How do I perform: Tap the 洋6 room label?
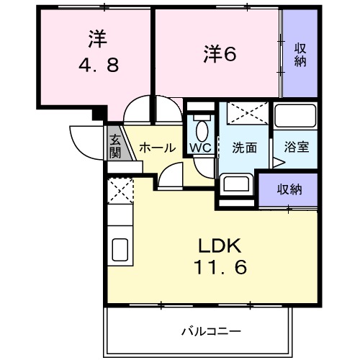[x=219, y=53]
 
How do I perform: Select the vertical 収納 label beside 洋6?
[x=300, y=55]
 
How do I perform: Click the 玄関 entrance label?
[x=115, y=146]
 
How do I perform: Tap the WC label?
[x=200, y=148]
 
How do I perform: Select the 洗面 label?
[x=245, y=148]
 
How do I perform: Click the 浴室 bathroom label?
[x=296, y=148]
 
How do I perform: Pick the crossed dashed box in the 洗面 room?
[x=245, y=115]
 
